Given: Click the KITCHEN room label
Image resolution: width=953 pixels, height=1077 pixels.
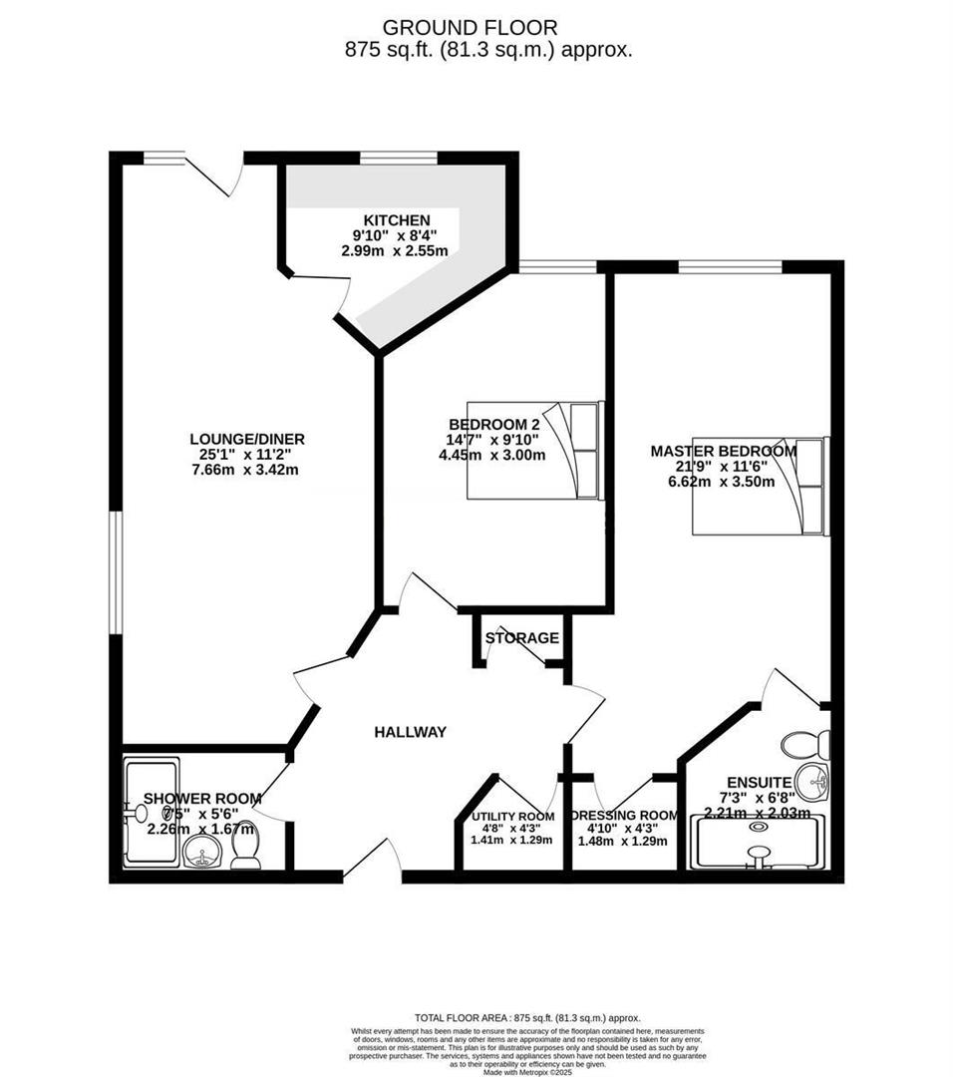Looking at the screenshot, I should click(396, 220).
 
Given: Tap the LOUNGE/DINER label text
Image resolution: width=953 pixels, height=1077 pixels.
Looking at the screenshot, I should click(247, 439).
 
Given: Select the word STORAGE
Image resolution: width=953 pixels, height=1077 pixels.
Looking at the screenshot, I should click(521, 638).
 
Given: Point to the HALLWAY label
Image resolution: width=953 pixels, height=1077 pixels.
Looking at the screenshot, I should click(410, 732).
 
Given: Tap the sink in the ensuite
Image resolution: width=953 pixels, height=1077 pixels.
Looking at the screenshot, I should click(812, 783).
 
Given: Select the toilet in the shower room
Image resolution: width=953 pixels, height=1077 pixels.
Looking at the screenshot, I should click(245, 851).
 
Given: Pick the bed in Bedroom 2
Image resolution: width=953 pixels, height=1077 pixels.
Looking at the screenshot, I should click(536, 450).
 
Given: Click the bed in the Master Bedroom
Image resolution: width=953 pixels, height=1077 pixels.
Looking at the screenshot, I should click(761, 486).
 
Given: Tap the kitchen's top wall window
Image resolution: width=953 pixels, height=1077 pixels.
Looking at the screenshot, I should click(398, 157).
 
